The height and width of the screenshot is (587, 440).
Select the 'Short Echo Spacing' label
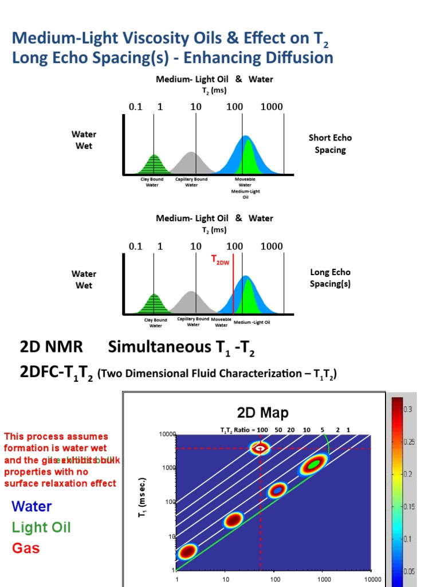click(330, 144)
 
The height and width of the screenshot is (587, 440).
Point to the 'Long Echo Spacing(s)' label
click(330, 278)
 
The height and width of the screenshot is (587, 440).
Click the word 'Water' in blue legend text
click(32, 506)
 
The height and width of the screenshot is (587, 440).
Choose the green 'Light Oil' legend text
click(41, 527)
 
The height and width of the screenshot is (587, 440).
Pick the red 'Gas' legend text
click(26, 548)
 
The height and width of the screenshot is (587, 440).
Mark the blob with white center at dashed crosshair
click(261, 448)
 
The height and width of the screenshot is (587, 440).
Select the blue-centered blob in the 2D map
click(277, 490)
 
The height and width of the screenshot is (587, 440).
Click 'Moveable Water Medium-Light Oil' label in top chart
click(245, 188)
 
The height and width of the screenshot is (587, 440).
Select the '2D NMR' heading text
click(52, 347)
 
